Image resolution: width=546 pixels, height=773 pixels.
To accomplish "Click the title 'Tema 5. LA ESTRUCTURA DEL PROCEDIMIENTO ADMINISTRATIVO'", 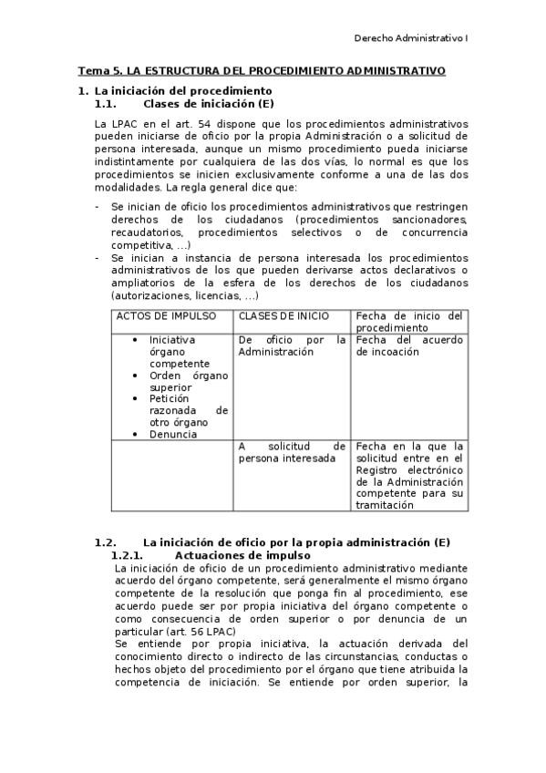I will [x=262, y=70].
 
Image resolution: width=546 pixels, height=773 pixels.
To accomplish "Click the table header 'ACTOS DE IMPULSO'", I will [x=165, y=316].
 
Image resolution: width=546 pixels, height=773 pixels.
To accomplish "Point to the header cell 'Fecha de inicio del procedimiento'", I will [x=409, y=322].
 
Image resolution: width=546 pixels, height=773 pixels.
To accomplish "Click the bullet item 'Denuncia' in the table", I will [x=173, y=435].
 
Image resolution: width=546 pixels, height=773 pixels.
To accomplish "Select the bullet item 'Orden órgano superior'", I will [x=188, y=381].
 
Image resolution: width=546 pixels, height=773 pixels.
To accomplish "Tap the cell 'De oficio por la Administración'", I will [x=292, y=345].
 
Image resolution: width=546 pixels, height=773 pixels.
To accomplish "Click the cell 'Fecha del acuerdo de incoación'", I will [x=409, y=345].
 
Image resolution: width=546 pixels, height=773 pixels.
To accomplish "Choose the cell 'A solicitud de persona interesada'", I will [x=292, y=452].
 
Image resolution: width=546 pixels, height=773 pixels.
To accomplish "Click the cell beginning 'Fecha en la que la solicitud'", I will [x=409, y=475].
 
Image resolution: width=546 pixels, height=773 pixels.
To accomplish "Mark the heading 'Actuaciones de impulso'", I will [x=242, y=555].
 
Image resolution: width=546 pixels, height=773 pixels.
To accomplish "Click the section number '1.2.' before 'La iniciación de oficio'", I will [x=107, y=542].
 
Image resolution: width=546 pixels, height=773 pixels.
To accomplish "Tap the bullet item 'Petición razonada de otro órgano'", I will [x=188, y=410].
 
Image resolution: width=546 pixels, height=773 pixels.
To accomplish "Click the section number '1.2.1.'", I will [x=128, y=555].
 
